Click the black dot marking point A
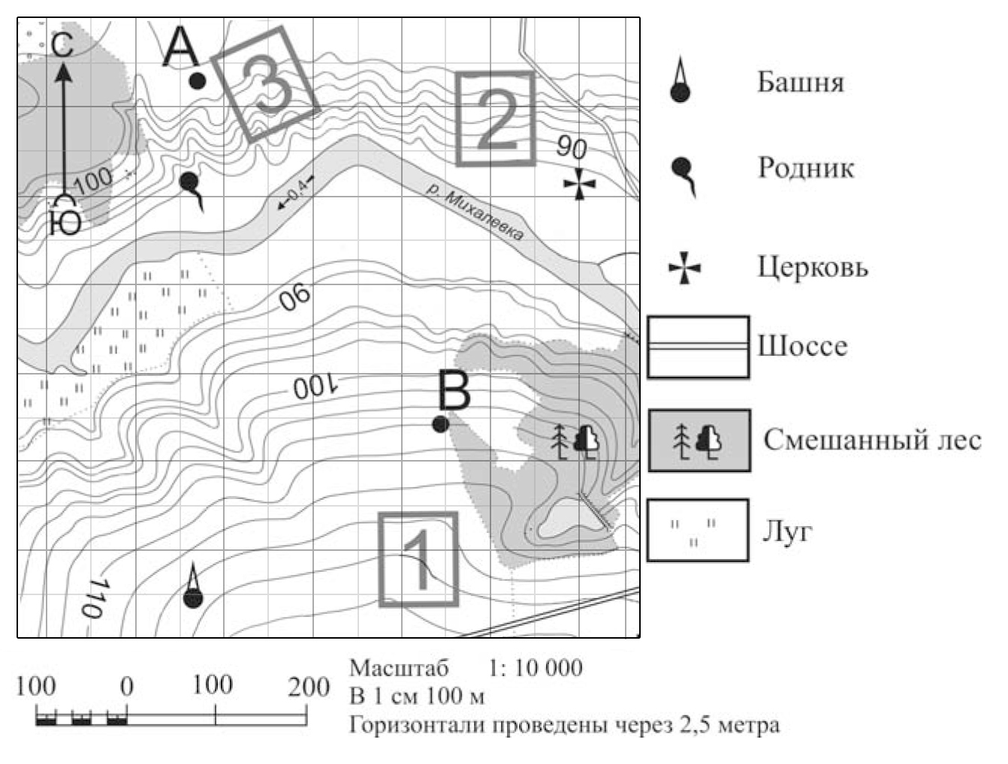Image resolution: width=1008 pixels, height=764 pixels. [x=197, y=81]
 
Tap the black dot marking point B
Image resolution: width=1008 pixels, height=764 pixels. [x=441, y=425]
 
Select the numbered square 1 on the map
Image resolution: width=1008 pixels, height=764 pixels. [x=418, y=559]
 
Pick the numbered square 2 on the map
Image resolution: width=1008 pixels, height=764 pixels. [x=496, y=118]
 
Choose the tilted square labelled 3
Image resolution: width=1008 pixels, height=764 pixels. [x=264, y=84]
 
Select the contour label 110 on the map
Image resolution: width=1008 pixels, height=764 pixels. [x=92, y=598]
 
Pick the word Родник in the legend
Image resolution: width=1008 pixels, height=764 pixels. [x=805, y=167]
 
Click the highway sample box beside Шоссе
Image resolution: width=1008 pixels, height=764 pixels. [x=698, y=347]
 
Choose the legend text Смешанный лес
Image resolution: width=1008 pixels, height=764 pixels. [x=872, y=440]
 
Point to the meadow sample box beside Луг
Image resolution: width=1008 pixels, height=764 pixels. [x=698, y=531]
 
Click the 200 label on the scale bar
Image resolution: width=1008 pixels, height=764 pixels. [x=308, y=687]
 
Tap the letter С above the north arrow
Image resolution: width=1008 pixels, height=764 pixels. [x=63, y=45]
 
